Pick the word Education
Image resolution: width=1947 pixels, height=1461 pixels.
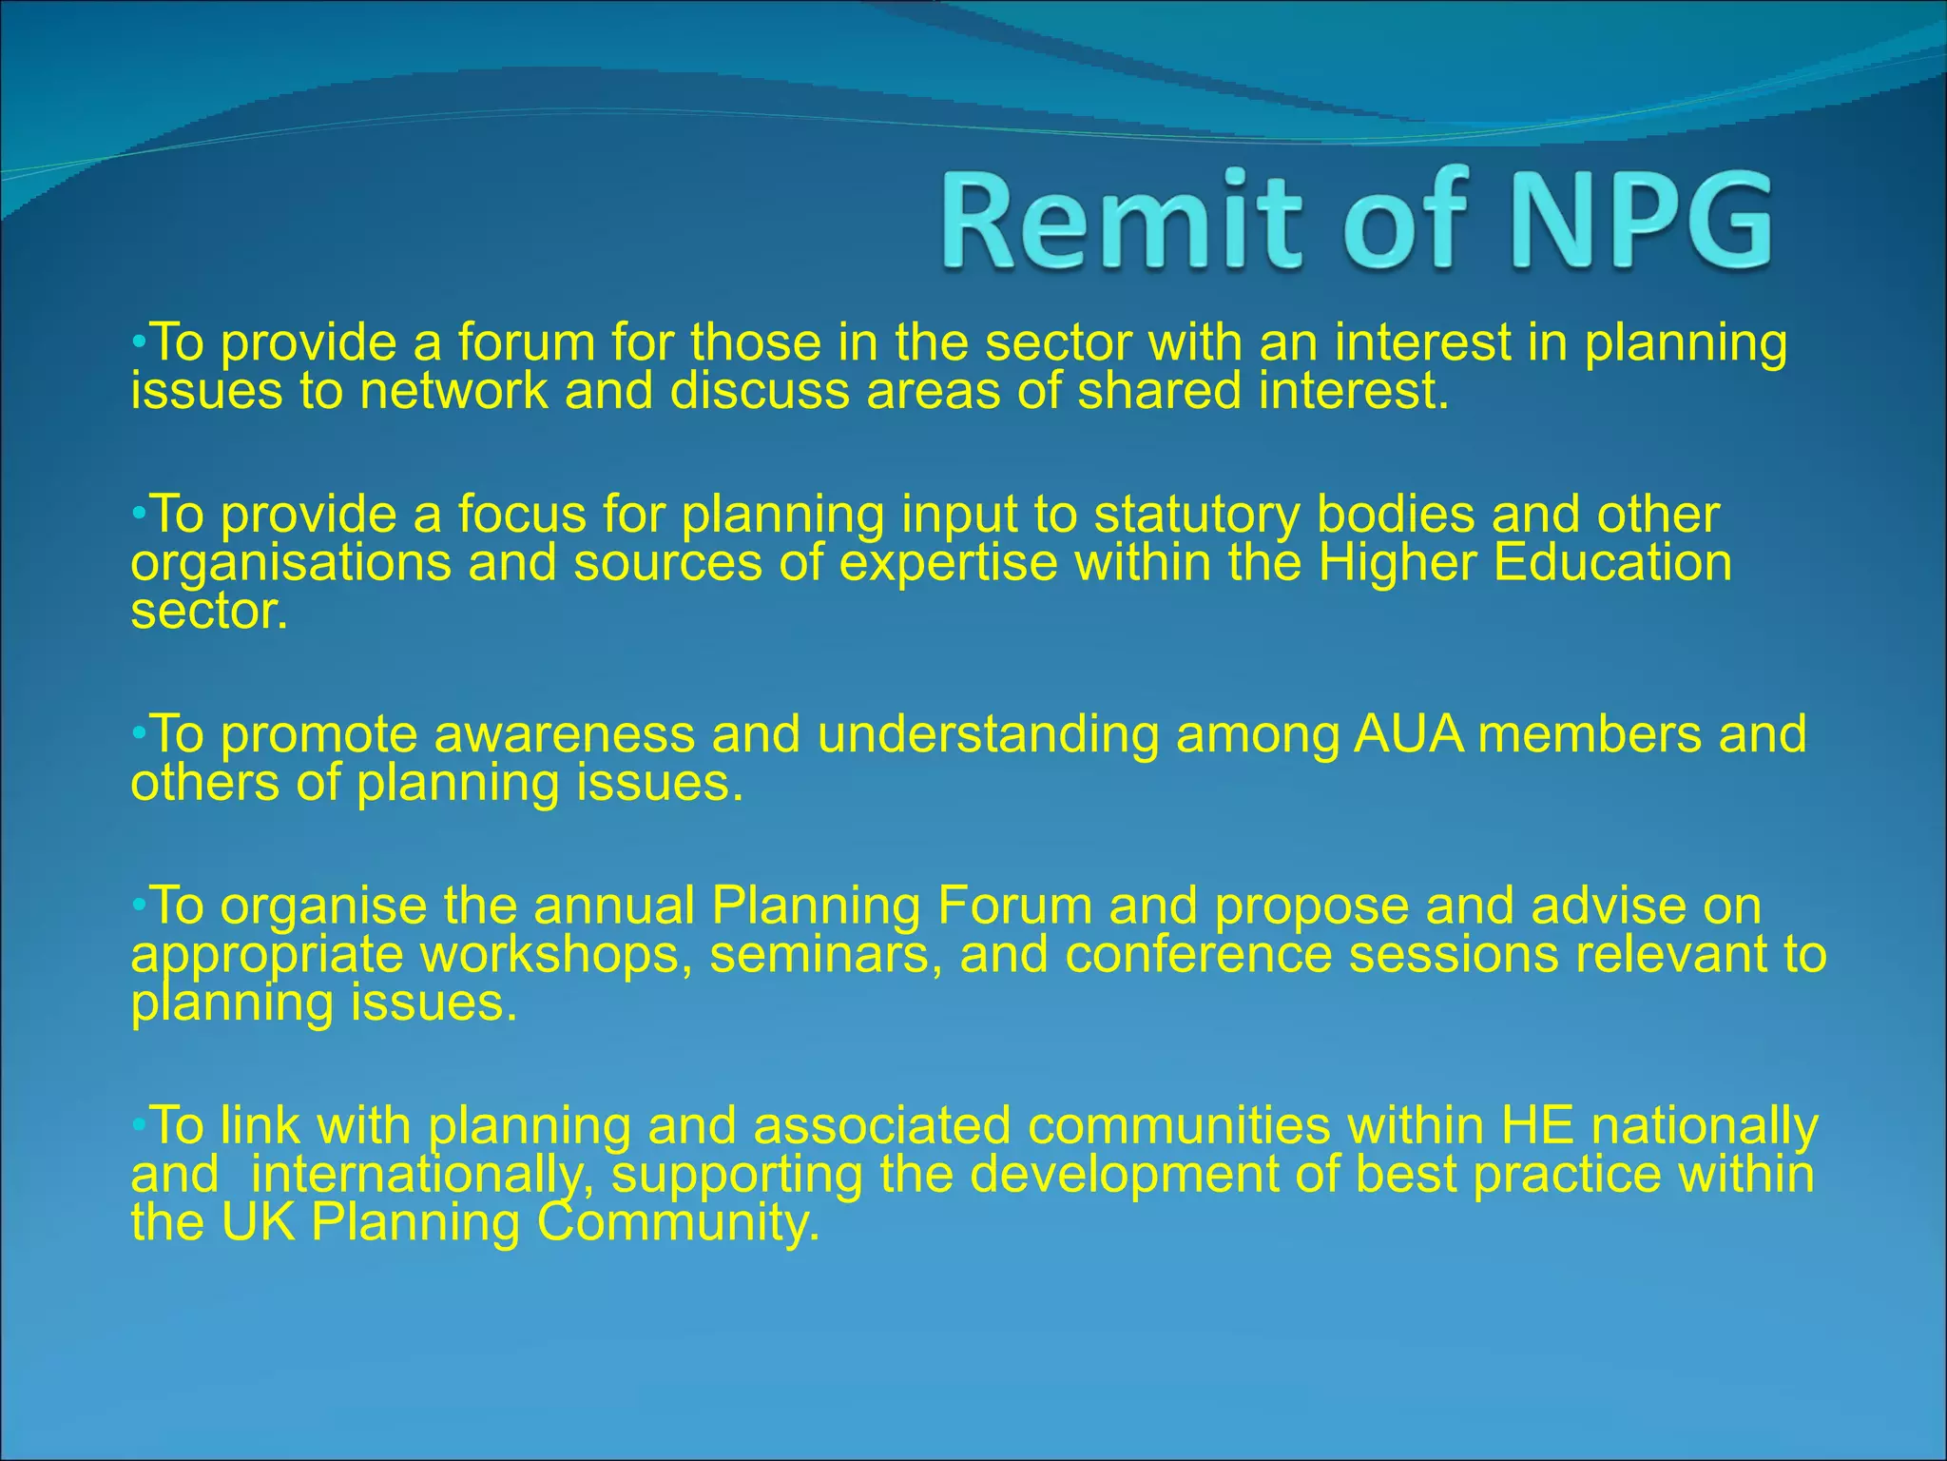click(x=1613, y=562)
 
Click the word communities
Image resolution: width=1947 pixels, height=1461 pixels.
click(x=1178, y=1126)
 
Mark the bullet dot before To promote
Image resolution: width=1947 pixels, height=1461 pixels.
click(x=139, y=733)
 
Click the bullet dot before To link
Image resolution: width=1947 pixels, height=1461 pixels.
click(x=139, y=1125)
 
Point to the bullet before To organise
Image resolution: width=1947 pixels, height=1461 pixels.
click(x=139, y=905)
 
